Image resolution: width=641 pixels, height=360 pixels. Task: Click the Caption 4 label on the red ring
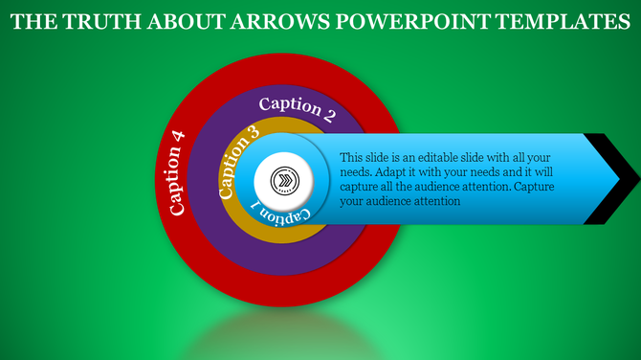click(x=176, y=170)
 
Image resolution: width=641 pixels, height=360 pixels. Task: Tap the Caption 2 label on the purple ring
click(x=298, y=109)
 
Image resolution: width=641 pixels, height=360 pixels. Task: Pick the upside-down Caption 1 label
click(x=280, y=214)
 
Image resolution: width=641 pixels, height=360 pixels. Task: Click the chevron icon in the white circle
click(x=284, y=180)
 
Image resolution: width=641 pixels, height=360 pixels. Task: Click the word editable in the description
click(x=431, y=156)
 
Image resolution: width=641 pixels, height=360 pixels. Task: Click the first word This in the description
click(x=350, y=156)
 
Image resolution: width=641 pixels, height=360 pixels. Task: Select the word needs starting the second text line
click(x=357, y=171)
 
